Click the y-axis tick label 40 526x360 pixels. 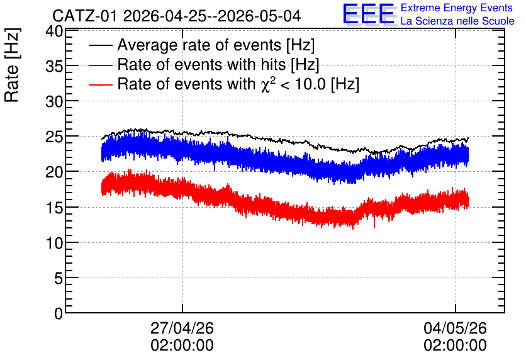54,31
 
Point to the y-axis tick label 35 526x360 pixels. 54,67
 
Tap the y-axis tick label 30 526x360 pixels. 54,102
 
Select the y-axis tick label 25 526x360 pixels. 54,137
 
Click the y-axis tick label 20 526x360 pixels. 54,172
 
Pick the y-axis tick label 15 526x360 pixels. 54,208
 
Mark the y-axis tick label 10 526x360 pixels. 54,243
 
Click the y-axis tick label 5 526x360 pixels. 59,278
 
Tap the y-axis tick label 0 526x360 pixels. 59,313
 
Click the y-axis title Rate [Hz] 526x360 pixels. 12,65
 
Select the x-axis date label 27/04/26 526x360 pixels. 182,328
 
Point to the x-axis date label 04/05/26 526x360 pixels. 455,328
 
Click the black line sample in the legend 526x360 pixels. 100,45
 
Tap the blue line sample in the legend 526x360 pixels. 100,65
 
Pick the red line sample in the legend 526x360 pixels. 100,84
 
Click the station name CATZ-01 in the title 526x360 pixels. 85,16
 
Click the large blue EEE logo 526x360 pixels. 369,14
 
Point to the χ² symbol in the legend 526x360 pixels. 266,84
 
